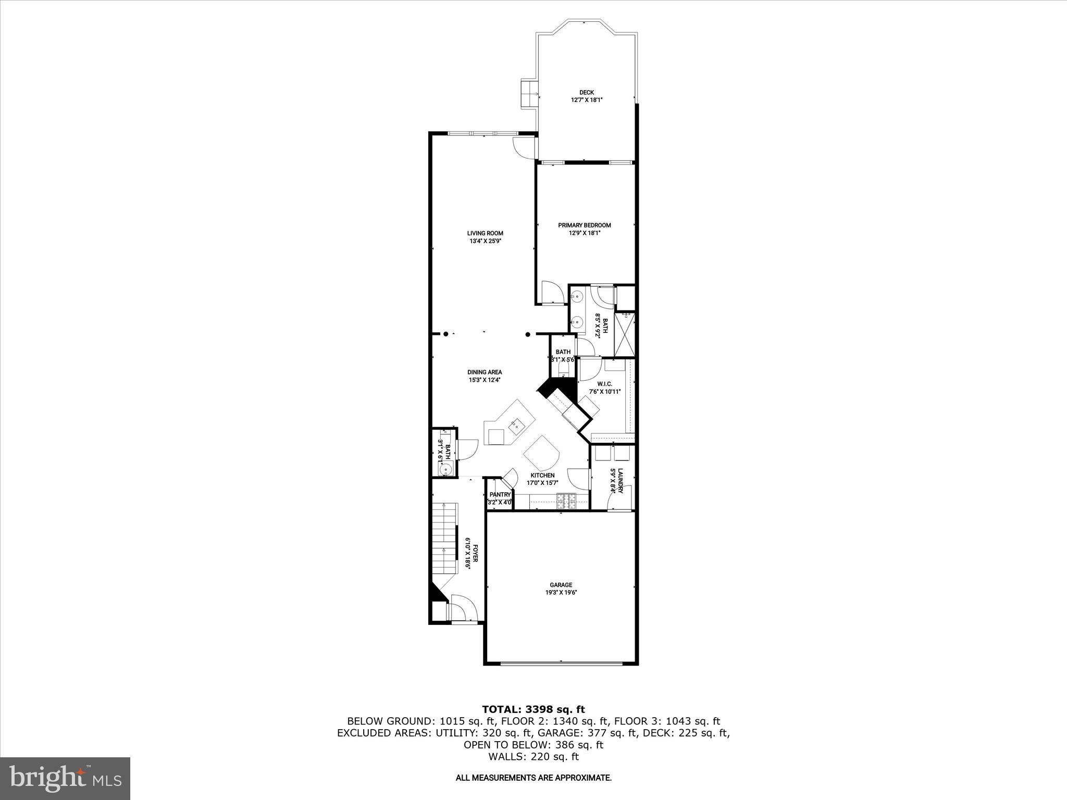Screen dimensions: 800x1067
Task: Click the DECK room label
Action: point(586,93)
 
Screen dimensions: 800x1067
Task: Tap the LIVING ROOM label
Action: point(485,233)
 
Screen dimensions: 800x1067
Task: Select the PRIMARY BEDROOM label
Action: point(584,226)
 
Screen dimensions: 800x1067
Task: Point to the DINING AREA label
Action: point(485,372)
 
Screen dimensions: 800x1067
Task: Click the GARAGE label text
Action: point(561,585)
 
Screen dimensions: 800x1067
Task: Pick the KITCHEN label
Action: point(542,476)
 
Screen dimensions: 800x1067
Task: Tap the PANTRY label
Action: point(500,495)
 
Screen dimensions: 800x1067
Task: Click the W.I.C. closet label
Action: point(604,384)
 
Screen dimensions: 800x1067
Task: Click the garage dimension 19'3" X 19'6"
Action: point(561,593)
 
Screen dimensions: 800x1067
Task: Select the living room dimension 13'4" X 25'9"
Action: point(485,241)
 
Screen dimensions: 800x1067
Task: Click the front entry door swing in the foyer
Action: point(462,608)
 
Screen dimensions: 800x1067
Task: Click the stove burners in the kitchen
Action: point(566,501)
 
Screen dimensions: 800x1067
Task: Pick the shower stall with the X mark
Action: point(624,334)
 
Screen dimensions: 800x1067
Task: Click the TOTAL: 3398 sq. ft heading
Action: point(533,709)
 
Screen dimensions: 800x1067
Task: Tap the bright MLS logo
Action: point(65,778)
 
